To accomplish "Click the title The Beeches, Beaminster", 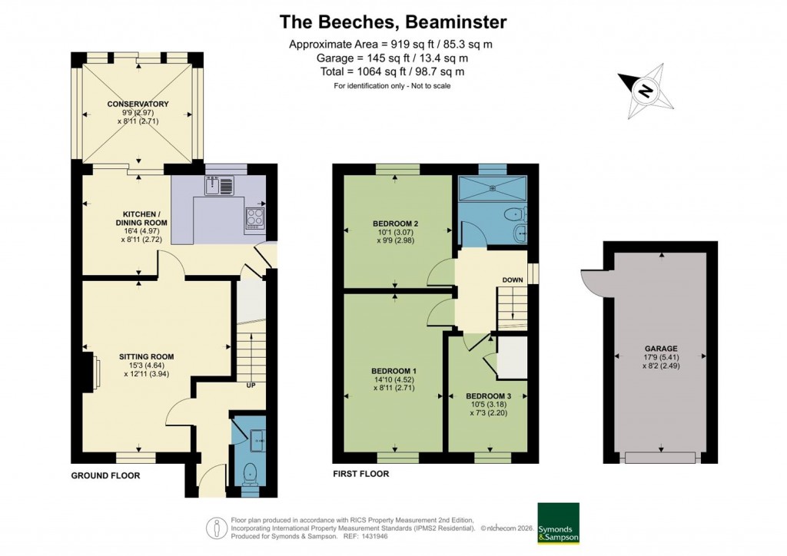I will [x=393, y=22].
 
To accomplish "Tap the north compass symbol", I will [x=646, y=92].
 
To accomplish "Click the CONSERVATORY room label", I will [x=138, y=104].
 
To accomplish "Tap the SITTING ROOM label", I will [x=146, y=356].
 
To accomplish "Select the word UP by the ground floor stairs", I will [x=251, y=384].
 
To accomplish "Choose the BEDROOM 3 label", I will [x=488, y=396].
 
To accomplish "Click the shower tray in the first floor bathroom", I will [x=492, y=188].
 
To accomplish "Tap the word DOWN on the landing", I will [x=513, y=280].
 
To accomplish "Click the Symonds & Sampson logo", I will [x=558, y=524].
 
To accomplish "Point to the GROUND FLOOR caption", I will [x=105, y=475].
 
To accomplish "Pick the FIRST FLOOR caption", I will [x=360, y=474].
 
